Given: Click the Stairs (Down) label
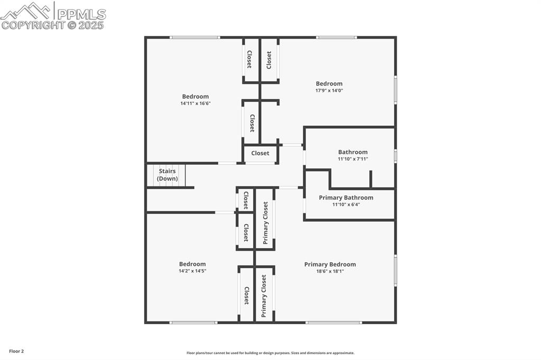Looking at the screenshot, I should (x=167, y=175).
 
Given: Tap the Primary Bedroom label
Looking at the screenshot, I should (x=330, y=264).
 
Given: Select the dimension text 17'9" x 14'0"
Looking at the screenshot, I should (x=329, y=90).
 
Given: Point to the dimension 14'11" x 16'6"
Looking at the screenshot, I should (x=195, y=103).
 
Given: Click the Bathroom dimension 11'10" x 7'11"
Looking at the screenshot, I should (x=353, y=159).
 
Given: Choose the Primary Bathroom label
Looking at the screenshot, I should (x=346, y=198).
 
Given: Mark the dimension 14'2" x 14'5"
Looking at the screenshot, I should (x=192, y=271).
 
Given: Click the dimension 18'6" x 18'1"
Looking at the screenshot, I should (x=330, y=271).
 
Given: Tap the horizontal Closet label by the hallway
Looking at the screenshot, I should (x=260, y=153).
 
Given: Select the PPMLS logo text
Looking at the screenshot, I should (x=81, y=14).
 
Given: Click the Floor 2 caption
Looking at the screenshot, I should (x=16, y=351).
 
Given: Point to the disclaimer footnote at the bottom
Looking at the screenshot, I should (x=270, y=353).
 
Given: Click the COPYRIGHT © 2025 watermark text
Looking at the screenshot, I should (x=53, y=25).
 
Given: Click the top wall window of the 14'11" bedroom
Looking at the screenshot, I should (x=194, y=37).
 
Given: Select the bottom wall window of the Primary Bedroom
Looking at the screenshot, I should (x=334, y=322).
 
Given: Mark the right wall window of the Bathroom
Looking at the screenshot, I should (x=395, y=156).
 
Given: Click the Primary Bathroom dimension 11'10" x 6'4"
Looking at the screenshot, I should (x=346, y=205).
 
